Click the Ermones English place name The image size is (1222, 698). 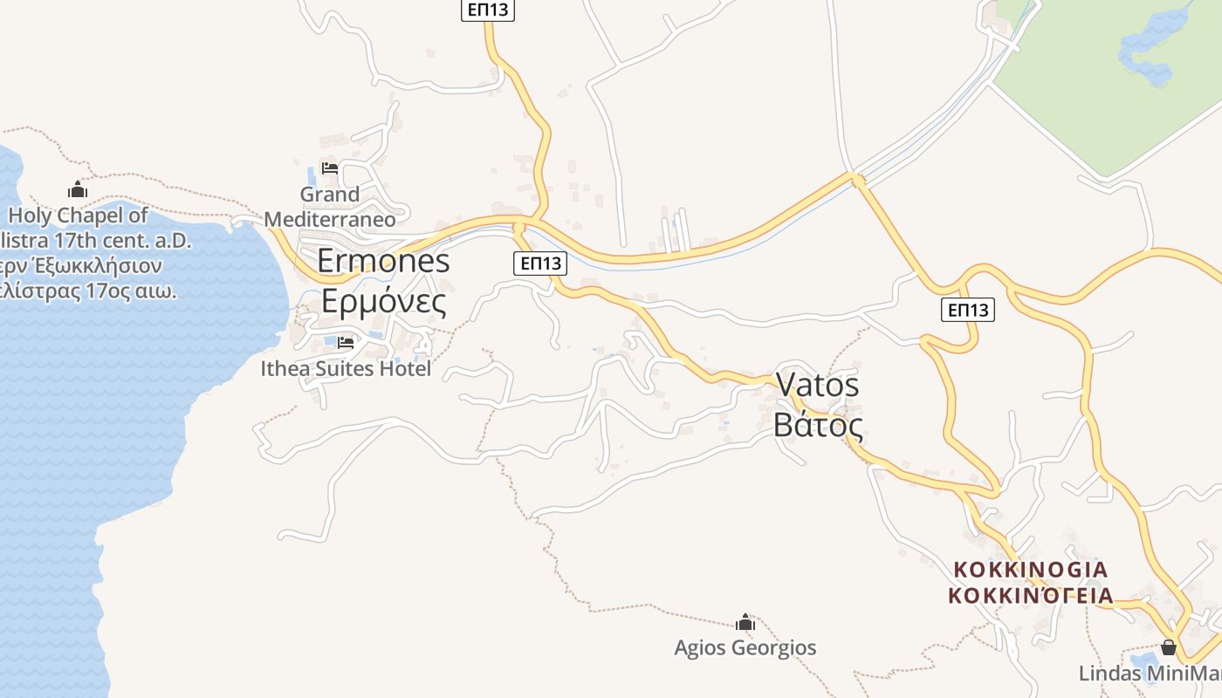pyautogui.click(x=383, y=261)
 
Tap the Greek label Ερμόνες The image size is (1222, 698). pyautogui.click(x=383, y=301)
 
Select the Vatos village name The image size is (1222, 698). pyautogui.click(x=817, y=385)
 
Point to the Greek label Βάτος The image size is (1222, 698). pyautogui.click(x=818, y=426)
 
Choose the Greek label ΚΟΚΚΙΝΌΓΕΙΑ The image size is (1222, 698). pyautogui.click(x=1031, y=596)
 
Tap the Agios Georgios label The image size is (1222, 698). pyautogui.click(x=745, y=647)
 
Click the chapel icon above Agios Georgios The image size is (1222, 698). pyautogui.click(x=745, y=622)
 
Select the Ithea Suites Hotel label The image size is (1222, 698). pyautogui.click(x=346, y=369)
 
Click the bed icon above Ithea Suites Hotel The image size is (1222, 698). pyautogui.click(x=346, y=343)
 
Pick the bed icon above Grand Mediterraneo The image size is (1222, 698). pyautogui.click(x=330, y=168)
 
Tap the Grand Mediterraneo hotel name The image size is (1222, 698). pyautogui.click(x=330, y=207)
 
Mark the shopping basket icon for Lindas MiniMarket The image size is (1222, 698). pyautogui.click(x=1169, y=648)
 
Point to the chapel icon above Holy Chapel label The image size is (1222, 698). pyautogui.click(x=78, y=189)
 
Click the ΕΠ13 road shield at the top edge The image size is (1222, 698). pyautogui.click(x=488, y=10)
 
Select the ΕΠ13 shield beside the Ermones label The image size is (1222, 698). pyautogui.click(x=541, y=263)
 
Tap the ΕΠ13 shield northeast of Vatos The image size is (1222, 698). pyautogui.click(x=968, y=309)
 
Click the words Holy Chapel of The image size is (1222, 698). pyautogui.click(x=79, y=216)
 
